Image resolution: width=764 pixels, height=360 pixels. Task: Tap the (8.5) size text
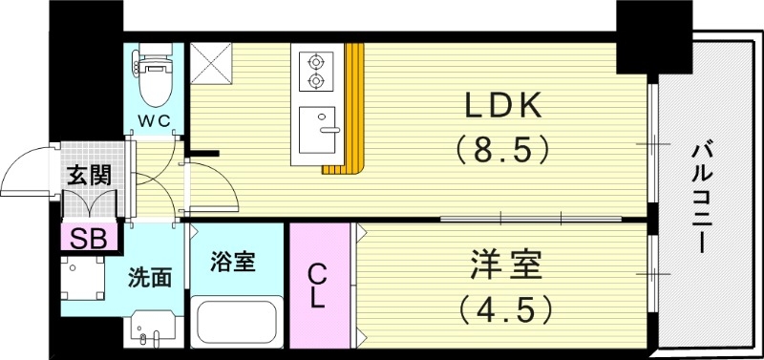coord(503,149)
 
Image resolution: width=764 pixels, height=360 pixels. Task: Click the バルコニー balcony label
coord(705,197)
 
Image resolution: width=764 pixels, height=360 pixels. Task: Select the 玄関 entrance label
coord(88,175)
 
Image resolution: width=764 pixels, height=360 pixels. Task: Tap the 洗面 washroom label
coord(151,278)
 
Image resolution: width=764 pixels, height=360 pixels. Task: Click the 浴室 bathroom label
coord(233,261)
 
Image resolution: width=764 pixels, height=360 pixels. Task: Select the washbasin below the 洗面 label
coord(151,329)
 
